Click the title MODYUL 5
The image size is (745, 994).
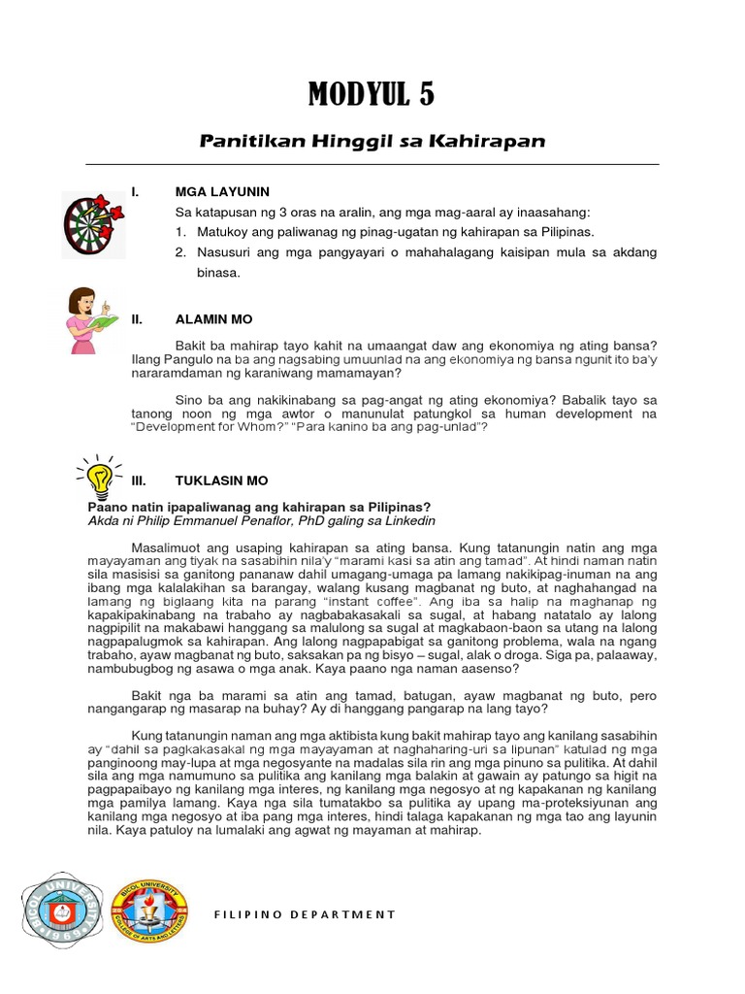pos(372,95)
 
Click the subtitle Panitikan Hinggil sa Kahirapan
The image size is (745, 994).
pos(372,142)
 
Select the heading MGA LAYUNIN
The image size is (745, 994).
pos(222,192)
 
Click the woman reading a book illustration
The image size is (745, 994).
pos(89,321)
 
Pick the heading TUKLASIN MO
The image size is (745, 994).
pos(221,480)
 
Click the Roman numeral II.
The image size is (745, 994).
pos(137,318)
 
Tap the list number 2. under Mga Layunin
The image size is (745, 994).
pos(180,252)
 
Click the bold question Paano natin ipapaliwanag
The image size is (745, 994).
pos(259,507)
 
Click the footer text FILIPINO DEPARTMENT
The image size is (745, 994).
pos(305,914)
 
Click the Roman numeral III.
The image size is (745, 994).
pos(137,480)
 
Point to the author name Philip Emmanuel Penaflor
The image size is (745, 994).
pos(211,520)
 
